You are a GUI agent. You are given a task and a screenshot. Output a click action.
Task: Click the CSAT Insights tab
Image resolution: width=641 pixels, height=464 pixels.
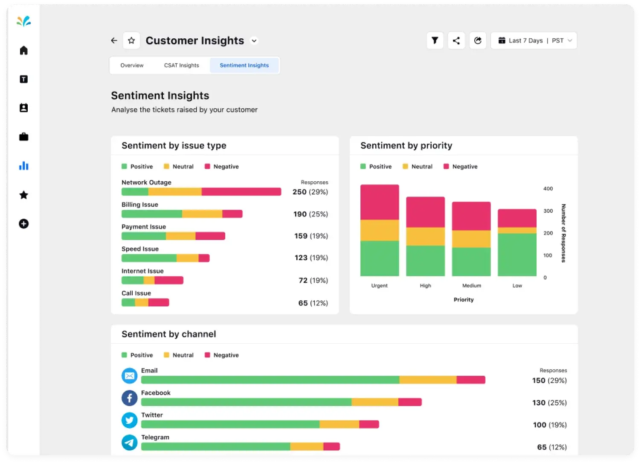181,65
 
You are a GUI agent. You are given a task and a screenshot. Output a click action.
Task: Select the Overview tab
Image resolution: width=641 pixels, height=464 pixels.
132,65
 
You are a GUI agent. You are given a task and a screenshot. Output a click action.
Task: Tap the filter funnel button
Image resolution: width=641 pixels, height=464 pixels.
435,41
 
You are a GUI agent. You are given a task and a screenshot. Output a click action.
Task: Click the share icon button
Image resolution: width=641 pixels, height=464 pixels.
456,41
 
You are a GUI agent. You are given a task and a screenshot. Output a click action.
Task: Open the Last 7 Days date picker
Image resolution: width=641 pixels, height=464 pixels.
534,41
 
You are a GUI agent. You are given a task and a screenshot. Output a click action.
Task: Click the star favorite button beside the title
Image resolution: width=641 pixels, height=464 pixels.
131,41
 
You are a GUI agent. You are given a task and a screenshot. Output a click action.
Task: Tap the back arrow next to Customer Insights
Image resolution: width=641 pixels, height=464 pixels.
114,41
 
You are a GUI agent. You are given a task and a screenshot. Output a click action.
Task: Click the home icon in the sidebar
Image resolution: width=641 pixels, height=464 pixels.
24,50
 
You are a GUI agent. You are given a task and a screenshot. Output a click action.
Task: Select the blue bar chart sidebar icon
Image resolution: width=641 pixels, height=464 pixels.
24,166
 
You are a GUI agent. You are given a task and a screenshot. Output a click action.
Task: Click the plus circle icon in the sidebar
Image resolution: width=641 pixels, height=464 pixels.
24,224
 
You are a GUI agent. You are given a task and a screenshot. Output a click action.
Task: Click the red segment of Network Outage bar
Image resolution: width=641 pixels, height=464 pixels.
241,192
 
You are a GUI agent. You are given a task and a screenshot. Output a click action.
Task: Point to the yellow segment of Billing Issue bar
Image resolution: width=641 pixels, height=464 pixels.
202,214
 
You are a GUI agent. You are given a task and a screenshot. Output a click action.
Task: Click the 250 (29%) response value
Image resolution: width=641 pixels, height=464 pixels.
310,192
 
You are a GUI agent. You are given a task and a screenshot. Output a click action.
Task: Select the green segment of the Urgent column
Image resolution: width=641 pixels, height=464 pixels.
380,258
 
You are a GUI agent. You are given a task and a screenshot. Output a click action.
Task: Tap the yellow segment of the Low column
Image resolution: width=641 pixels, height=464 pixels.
517,230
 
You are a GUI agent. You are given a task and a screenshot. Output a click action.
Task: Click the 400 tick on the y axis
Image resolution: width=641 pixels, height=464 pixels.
548,188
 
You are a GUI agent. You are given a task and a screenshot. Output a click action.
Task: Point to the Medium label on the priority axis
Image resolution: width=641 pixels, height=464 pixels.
471,286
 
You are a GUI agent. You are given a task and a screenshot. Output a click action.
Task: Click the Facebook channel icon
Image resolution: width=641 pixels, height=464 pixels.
130,398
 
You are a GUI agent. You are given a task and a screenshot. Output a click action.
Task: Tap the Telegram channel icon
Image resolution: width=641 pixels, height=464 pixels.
130,442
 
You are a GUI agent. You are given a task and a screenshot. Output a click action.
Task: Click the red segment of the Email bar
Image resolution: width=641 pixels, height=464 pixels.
471,380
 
